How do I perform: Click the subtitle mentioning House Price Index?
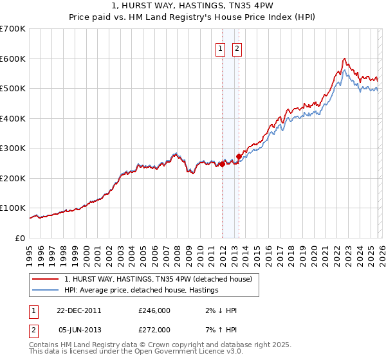click(x=192, y=18)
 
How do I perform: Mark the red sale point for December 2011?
click(x=222, y=164)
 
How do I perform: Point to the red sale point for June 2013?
click(x=239, y=156)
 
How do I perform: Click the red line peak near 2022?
click(x=345, y=59)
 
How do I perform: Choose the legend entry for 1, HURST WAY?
click(x=161, y=279)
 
